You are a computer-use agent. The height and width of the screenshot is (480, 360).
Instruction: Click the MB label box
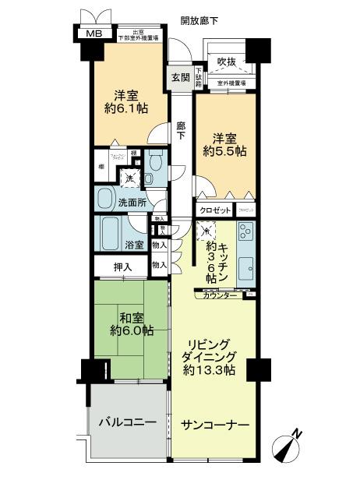click(x=94, y=34)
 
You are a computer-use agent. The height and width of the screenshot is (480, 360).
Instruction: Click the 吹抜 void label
click(x=226, y=61)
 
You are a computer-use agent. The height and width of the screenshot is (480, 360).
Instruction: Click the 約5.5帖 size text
click(x=226, y=151)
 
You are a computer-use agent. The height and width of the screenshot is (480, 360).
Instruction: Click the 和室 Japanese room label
click(x=130, y=316)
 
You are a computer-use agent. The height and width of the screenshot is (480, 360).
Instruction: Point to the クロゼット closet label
click(x=215, y=210)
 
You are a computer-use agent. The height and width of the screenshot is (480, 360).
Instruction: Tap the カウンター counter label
click(x=221, y=296)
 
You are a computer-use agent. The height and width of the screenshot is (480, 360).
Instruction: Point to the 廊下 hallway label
click(x=181, y=130)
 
